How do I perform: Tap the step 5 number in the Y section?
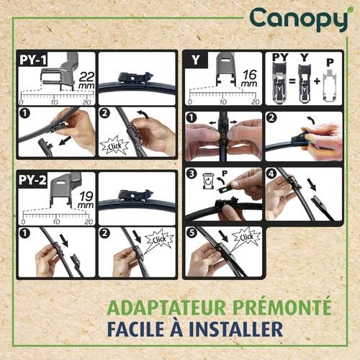192,233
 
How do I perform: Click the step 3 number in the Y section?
192,174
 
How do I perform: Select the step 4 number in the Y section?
271,174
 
